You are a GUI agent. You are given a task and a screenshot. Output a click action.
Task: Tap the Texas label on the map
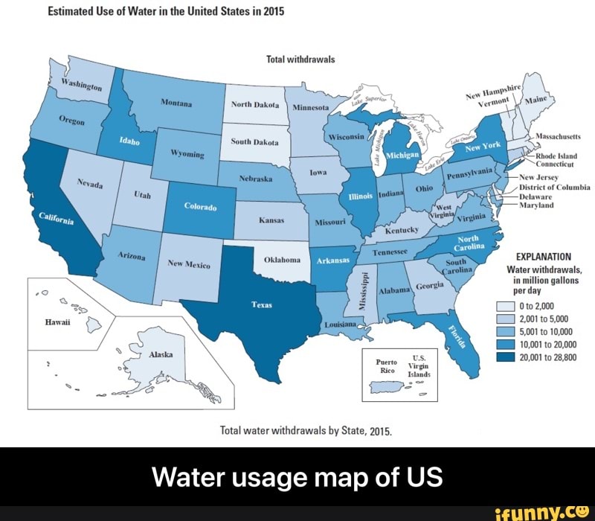coord(261,304)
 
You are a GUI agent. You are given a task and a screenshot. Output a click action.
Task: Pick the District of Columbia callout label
coord(554,187)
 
